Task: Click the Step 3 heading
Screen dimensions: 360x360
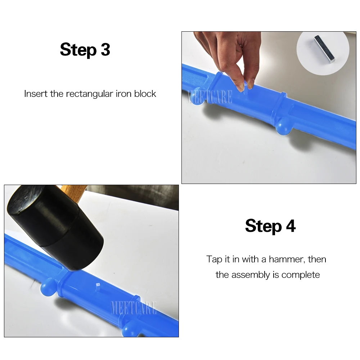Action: (x=85, y=49)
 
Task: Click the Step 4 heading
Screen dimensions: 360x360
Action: (x=270, y=226)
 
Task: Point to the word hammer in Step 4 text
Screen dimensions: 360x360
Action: (x=287, y=260)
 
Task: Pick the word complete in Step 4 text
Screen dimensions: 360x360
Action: (x=301, y=275)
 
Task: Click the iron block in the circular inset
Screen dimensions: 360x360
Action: (x=324, y=49)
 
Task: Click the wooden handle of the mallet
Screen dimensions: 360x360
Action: (x=75, y=192)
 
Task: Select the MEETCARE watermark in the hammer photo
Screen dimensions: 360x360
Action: (x=134, y=308)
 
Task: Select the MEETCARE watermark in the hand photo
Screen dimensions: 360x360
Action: (x=209, y=97)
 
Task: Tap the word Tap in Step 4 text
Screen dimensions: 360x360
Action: (x=215, y=260)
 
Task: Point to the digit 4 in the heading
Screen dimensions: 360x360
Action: (x=291, y=226)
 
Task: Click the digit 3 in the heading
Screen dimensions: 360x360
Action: (x=105, y=49)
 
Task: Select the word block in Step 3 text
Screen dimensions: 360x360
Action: (x=145, y=94)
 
